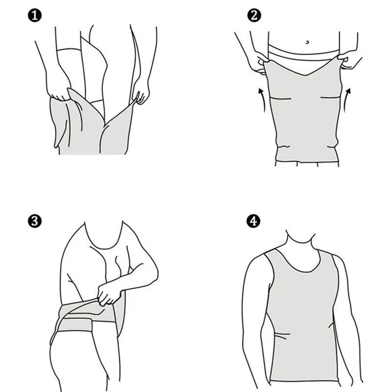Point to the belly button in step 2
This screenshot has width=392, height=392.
tap(307, 42)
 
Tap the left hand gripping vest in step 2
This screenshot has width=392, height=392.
tap(256, 62)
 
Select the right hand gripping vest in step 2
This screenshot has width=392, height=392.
tap(351, 62)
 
